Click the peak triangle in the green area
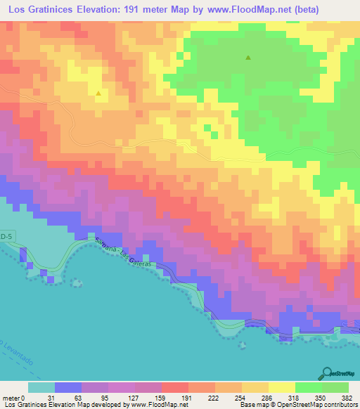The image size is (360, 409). pos(247,58)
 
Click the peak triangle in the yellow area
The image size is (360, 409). pos(98,92)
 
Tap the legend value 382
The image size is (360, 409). pos(347,398)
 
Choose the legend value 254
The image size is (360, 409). pos(232,398)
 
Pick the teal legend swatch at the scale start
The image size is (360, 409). pos(41,387)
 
